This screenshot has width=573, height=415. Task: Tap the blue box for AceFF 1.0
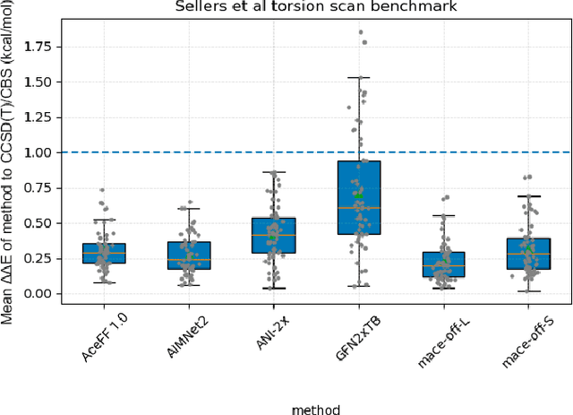click(x=104, y=253)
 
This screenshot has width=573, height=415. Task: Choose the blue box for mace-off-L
click(x=444, y=264)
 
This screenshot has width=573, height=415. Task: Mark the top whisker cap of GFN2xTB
click(x=359, y=78)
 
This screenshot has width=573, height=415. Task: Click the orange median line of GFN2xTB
click(x=359, y=208)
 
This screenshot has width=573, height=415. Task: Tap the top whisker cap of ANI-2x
click(x=274, y=172)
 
